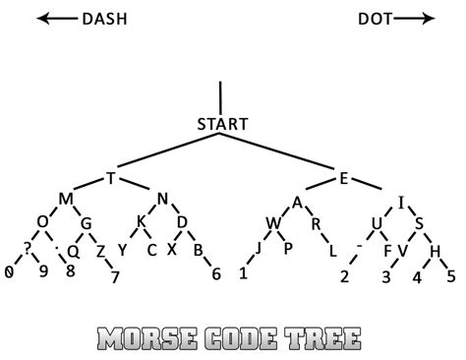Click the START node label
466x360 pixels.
pos(222,125)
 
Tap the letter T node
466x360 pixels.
pos(111,178)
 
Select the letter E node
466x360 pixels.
pos(344,178)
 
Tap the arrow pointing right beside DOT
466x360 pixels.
pos(419,19)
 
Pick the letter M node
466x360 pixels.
pos(66,201)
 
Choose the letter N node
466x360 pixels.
pos(163,201)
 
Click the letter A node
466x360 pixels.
pos(297,202)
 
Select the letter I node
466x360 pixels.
pos(401,204)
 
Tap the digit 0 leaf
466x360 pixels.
pos(9,270)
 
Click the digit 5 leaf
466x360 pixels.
pos(450,276)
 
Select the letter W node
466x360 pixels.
pos(272,223)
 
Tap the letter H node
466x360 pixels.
pos(435,252)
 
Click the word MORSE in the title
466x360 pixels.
pos(149,339)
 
